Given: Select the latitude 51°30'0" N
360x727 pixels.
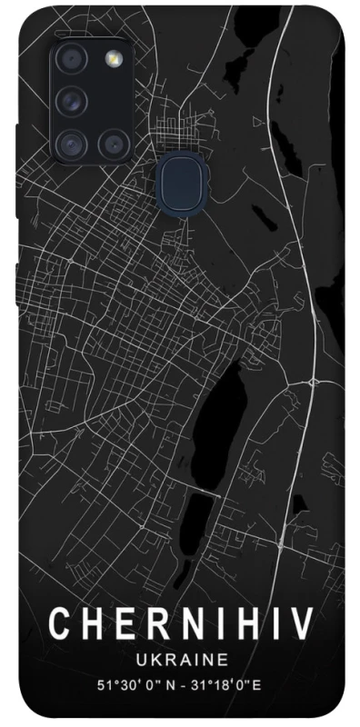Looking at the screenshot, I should (x=134, y=682).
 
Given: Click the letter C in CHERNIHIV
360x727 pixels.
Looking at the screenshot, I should (x=57, y=624).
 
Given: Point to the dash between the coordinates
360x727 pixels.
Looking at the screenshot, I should (x=188, y=682).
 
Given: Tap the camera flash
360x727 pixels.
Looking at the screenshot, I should (x=113, y=60).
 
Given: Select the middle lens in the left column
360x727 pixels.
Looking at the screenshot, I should (x=71, y=100).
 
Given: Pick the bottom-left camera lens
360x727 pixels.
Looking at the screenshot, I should (x=71, y=141).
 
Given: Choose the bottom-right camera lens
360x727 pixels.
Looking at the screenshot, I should (x=113, y=141).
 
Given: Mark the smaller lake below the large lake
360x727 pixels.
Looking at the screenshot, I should (x=201, y=516).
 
